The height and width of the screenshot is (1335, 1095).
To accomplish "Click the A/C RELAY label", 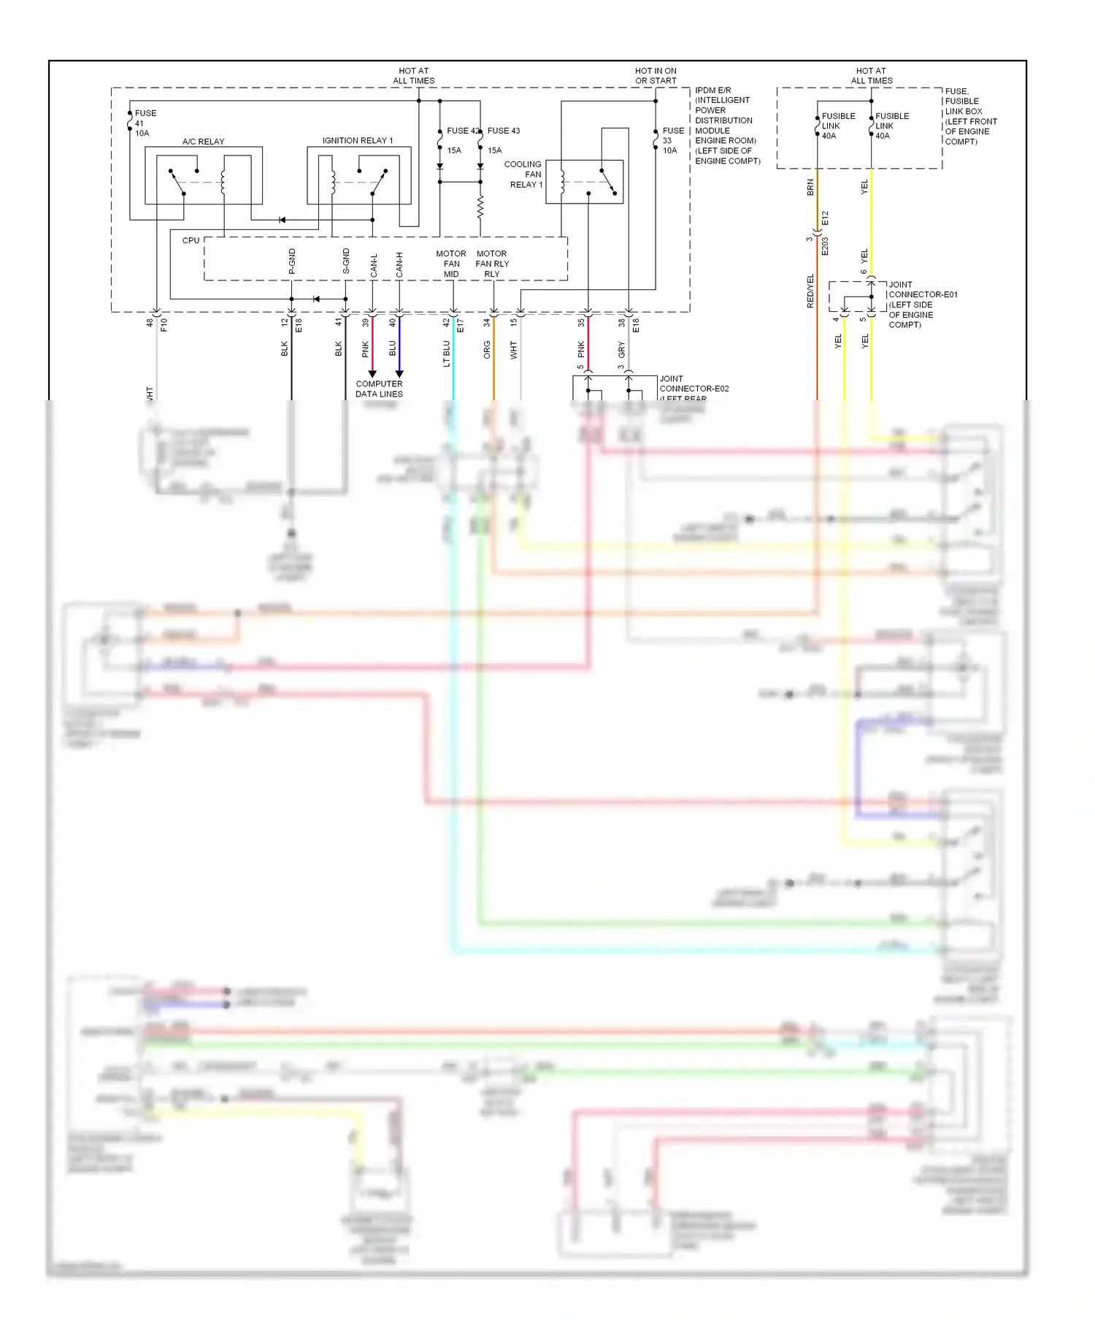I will (203, 142).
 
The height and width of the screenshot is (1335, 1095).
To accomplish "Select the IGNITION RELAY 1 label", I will (358, 140).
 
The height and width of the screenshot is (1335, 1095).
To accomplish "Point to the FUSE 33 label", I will (672, 140).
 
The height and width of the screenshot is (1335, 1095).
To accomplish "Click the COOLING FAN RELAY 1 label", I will (524, 175).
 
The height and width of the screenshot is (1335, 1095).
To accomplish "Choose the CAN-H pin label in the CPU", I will (399, 264).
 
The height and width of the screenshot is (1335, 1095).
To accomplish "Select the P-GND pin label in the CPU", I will (292, 261).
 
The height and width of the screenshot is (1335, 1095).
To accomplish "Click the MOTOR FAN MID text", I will (451, 264).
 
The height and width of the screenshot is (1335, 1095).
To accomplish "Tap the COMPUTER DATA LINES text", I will (379, 389).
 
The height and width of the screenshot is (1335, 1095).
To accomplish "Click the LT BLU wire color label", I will (446, 353).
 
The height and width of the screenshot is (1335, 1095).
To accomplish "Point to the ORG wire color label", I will (487, 350).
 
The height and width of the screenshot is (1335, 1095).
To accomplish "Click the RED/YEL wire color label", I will (810, 291).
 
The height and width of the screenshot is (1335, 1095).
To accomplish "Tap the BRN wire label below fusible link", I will (810, 187).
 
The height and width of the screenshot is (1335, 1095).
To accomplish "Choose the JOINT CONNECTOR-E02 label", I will (693, 384).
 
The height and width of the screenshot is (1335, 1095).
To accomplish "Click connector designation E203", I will (825, 246).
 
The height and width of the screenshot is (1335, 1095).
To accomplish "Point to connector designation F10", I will (164, 324).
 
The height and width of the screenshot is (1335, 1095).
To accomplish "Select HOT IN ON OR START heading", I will (656, 76).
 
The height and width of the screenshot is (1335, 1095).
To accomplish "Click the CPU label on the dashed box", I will (191, 240).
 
